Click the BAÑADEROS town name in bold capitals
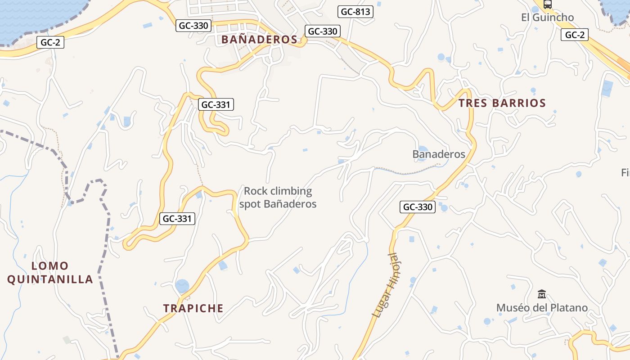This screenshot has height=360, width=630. coord(259,40)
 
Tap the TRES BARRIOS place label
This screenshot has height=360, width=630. coord(502,103)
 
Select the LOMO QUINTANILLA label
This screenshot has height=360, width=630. coord(50,273)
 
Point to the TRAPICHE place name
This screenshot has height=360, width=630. coord(193,308)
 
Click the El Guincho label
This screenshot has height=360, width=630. coord(547,18)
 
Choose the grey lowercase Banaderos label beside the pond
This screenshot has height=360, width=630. coord(439,154)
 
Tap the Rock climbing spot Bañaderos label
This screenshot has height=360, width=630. coord(278,198)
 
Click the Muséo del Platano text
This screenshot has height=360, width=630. coord(542,308)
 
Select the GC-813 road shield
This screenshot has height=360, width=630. coord(355,12)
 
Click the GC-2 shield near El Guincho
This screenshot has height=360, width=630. coord(575,35)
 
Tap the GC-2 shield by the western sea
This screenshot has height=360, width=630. coord(50,42)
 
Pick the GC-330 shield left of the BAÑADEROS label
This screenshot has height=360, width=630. coord(193,26)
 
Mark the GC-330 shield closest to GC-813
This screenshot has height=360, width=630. coord(322,31)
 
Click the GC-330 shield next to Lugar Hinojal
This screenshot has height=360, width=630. coord(417,207)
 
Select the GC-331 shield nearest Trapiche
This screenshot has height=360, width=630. coord(177,219)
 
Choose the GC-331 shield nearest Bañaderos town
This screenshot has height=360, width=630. coord(216,105)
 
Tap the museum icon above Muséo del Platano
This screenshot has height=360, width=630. coord(542,294)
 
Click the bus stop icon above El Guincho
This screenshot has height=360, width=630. coord(547,4)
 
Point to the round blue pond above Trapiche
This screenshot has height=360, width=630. coord(182,286)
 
